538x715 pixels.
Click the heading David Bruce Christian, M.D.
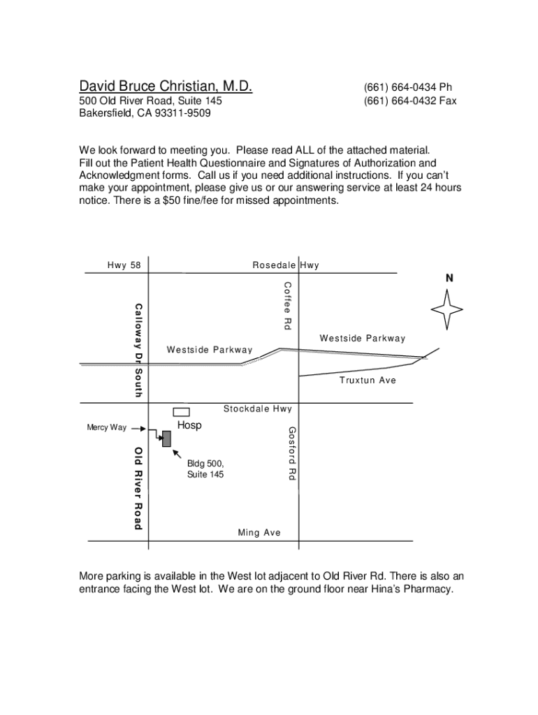(x=165, y=87)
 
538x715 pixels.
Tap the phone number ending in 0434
(x=407, y=87)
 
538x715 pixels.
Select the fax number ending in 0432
(x=409, y=101)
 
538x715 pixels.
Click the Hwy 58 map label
(x=124, y=265)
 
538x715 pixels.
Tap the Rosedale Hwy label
(x=285, y=265)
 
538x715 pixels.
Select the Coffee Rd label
(x=287, y=305)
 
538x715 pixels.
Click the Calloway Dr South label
(x=138, y=351)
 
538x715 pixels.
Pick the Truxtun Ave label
(x=368, y=381)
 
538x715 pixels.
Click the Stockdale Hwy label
(x=257, y=408)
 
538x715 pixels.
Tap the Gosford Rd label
(x=293, y=453)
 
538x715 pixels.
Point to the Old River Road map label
(x=138, y=487)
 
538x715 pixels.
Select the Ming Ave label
(x=259, y=533)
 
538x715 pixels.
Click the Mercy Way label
(x=107, y=428)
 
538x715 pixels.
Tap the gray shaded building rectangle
(x=166, y=438)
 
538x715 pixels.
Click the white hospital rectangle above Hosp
(x=182, y=412)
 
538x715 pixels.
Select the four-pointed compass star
(x=447, y=308)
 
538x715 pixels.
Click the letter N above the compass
(x=449, y=278)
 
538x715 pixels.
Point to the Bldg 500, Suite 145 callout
(x=205, y=469)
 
